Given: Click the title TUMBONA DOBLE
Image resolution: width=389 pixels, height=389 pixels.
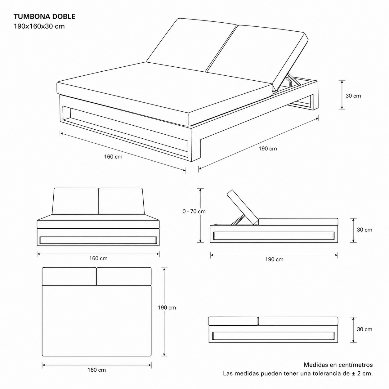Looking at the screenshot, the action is (x=44, y=16).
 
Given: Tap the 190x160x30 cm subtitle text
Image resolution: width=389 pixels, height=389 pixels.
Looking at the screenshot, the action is (x=39, y=26).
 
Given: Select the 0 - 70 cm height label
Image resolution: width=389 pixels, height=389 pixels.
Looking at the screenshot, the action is (x=194, y=211).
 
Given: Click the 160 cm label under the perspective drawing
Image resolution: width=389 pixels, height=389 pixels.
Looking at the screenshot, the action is (x=113, y=157).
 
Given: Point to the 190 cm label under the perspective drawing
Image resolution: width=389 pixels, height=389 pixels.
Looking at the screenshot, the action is (x=268, y=149).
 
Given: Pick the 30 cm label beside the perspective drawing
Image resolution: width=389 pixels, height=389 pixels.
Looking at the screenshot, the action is (x=353, y=96).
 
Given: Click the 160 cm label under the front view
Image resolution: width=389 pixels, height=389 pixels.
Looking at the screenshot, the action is (x=99, y=258).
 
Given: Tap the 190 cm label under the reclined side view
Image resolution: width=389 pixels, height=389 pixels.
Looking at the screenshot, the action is (x=274, y=259).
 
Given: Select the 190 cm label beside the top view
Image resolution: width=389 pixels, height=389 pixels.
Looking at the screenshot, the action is (x=167, y=308).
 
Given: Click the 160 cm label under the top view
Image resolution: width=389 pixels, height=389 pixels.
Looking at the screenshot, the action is (x=97, y=375).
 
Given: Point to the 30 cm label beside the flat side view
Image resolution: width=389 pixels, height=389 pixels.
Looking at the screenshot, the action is (x=364, y=329).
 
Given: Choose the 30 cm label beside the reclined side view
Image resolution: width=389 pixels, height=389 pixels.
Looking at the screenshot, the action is (x=364, y=230).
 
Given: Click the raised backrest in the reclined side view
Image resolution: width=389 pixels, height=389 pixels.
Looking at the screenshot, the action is (x=243, y=207).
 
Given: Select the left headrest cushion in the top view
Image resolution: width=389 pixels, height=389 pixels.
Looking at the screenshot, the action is (x=69, y=276).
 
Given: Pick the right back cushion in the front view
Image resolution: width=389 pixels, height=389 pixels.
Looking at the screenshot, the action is (x=121, y=201).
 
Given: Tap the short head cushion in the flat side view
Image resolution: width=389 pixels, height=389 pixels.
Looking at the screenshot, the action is (x=233, y=321).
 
